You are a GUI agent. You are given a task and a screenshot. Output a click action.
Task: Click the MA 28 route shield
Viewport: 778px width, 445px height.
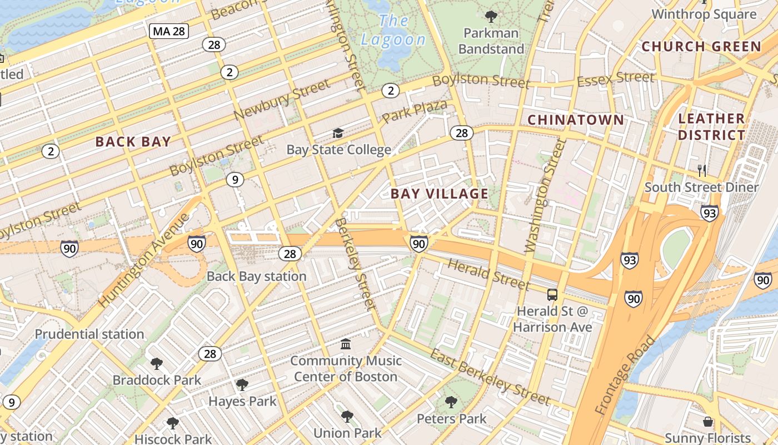[169, 31]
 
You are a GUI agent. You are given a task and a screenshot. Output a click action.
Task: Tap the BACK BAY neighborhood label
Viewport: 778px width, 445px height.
[133, 141]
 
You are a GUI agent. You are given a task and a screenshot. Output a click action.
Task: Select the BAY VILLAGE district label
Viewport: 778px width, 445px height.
[439, 194]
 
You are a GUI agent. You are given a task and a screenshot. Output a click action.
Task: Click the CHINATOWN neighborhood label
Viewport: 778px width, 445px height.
[575, 120]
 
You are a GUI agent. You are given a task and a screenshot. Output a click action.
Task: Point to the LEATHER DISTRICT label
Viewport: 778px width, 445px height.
[711, 127]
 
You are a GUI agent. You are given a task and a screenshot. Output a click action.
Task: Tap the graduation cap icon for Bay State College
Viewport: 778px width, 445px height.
[338, 133]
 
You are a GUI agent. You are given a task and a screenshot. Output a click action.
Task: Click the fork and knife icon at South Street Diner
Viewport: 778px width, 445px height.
[701, 170]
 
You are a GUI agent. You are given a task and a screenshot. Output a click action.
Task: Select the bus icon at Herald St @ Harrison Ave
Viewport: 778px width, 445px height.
[552, 295]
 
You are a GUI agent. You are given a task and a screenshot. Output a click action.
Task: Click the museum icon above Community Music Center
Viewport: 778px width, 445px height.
[346, 344]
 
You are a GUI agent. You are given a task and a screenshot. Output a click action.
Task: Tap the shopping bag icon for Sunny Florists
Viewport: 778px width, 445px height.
[707, 422]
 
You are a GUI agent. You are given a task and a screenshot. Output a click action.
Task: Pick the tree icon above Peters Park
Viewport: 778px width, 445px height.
[451, 402]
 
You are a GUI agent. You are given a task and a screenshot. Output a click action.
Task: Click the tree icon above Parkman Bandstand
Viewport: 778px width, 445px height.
[491, 16]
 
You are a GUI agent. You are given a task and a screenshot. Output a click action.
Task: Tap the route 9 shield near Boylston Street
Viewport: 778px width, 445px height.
[235, 180]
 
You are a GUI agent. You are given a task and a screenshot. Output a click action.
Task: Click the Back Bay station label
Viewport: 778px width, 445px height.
[256, 276]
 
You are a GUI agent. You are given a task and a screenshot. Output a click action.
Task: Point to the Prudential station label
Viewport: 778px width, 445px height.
[89, 334]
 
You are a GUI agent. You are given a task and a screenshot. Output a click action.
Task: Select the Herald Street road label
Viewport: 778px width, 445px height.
[488, 274]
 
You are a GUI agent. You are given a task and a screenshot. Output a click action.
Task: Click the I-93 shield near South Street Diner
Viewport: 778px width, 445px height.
[709, 212]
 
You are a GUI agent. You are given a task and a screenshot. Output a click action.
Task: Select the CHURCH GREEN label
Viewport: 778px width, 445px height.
[701, 47]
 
